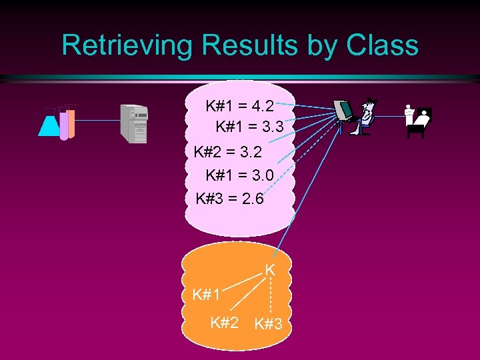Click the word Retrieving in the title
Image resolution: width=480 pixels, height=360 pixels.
click(127, 45)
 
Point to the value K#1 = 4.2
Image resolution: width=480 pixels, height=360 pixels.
click(239, 106)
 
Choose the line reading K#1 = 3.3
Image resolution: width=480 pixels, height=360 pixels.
click(249, 126)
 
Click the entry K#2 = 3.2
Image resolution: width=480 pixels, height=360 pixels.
click(227, 152)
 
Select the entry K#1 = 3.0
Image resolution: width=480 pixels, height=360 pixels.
click(239, 175)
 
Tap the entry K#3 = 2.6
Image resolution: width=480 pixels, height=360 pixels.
click(229, 199)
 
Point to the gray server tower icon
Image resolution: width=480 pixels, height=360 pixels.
click(133, 123)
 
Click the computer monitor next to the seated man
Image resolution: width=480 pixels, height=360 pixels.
click(343, 111)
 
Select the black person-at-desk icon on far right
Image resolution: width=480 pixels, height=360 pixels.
click(418, 120)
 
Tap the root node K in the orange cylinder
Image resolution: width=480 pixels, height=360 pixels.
click(270, 270)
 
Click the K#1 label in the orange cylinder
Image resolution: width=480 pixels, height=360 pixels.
click(206, 295)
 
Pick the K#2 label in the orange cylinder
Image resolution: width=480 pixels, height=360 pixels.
click(224, 323)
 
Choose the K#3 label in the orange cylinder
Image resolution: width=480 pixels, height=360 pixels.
click(269, 325)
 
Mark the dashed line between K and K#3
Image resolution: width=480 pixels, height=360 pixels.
click(270, 297)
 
